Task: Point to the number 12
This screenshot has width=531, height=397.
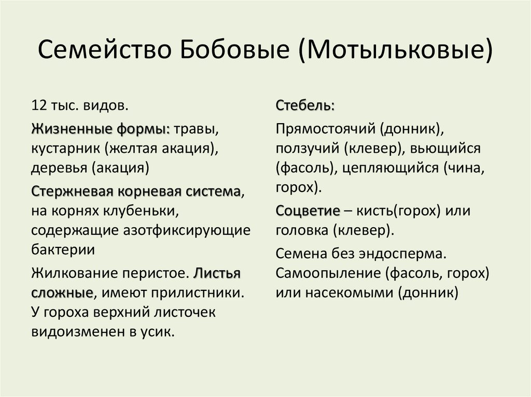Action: point(39,106)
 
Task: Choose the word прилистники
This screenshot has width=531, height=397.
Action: point(198,292)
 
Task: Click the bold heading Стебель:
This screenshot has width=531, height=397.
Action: point(305,106)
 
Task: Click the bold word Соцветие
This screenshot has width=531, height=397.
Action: point(308,211)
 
